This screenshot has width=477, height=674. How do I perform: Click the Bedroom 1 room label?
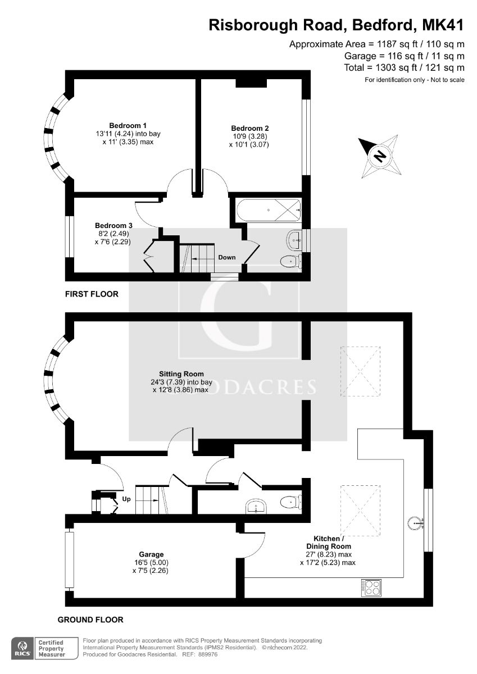(x=128, y=125)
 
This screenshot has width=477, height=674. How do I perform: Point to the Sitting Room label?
(x=181, y=374)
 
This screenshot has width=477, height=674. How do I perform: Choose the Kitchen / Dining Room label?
(x=328, y=542)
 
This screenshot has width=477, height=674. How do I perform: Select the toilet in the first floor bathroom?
(x=291, y=260)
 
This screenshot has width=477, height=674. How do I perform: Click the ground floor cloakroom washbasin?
(x=258, y=507)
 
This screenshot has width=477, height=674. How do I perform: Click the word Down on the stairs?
(x=227, y=258)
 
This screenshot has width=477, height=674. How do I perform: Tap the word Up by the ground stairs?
(x=126, y=499)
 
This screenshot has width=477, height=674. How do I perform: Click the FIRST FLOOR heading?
(x=92, y=294)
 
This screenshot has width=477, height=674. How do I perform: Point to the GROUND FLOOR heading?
(x=90, y=620)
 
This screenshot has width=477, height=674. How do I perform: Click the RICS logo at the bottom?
(x=22, y=647)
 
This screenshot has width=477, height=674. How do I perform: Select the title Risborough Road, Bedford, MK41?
(x=337, y=25)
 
